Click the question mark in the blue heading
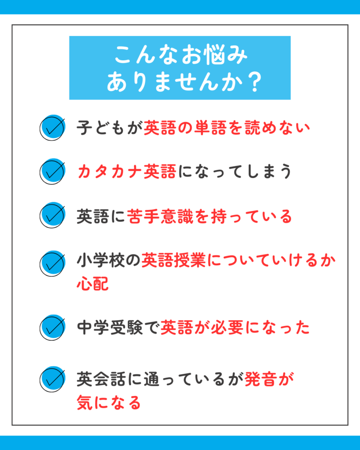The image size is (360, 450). pos(255,82)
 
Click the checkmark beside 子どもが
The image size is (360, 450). pos(53,128)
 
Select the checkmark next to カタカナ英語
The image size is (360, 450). pos(53,171)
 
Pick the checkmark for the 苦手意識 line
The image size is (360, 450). pos(53,215)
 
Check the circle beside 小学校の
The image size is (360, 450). pos(53,264)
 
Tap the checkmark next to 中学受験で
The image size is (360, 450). pos(53,327)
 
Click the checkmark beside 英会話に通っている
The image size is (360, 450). pos(53,379)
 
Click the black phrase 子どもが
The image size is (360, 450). pos(109,128)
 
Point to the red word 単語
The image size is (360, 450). pos(210,128)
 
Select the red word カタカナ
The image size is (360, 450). pos(110,171)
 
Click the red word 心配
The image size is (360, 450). pos(93,283)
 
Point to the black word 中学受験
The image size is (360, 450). pos(109,327)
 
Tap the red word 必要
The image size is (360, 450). pos(227,327)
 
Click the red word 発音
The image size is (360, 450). pos(261,379)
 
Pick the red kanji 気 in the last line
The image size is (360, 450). pos(85,403)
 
